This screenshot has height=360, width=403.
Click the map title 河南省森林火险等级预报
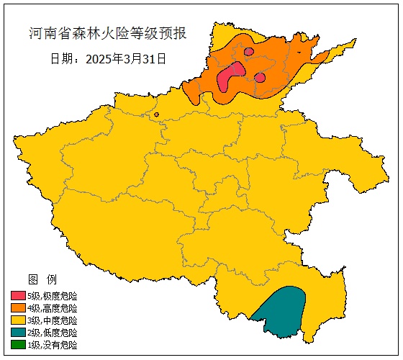107,34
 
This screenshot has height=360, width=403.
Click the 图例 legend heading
37,279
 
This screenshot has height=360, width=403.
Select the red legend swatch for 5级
18,296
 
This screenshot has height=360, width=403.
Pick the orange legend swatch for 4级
18,308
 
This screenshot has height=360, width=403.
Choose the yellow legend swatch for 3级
18,320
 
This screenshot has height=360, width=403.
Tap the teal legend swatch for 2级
18,333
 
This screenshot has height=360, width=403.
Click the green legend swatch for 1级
18,345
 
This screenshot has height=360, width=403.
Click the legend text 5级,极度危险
52,296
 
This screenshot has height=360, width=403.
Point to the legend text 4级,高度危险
52,308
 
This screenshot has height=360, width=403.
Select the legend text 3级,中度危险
52,320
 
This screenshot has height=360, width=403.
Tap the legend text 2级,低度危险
52,333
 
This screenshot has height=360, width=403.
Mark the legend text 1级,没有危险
52,345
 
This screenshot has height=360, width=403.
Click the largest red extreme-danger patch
230,76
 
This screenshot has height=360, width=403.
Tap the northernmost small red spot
248,51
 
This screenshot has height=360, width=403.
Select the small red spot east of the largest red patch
260,77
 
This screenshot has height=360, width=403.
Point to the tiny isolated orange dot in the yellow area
156,114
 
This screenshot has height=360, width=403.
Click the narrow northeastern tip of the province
348,44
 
